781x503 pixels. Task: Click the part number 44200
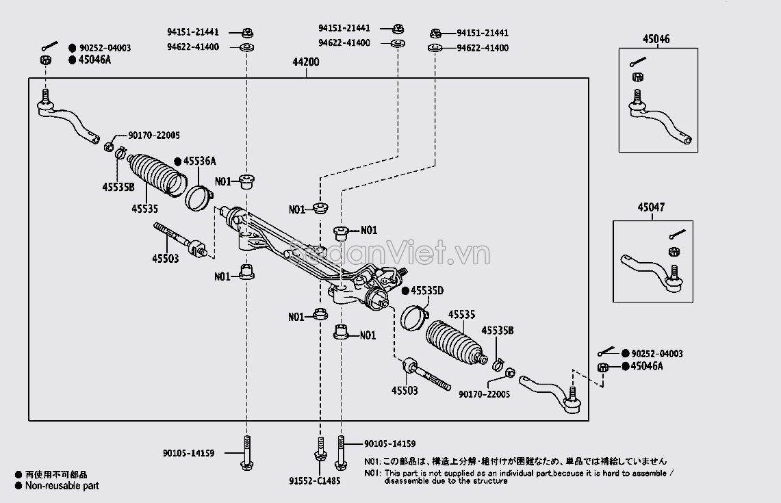(306, 62)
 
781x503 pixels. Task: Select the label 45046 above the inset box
(656, 40)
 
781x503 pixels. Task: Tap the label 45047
(650, 207)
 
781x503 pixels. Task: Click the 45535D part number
(427, 291)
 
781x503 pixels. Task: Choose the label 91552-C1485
(314, 480)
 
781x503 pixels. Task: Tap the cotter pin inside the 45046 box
(637, 64)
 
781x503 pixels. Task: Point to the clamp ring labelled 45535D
(413, 317)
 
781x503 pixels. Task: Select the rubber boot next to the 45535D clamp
(452, 342)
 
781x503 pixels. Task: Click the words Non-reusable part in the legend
(62, 486)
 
